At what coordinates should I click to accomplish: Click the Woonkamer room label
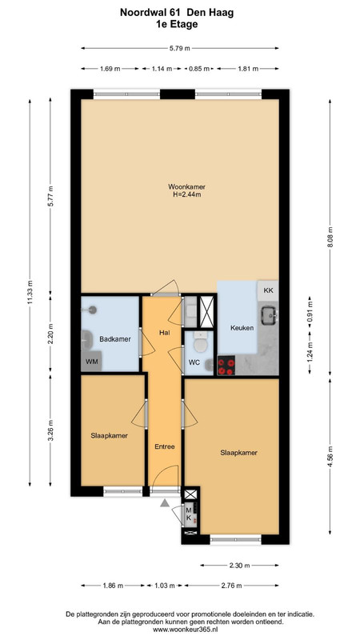tap(186, 187)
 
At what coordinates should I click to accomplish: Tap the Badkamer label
tap(115, 338)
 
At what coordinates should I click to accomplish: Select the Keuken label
tap(242, 328)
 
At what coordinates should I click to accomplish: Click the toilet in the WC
tap(200, 343)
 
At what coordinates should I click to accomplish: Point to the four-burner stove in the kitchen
tap(226, 366)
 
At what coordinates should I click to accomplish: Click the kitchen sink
tap(270, 315)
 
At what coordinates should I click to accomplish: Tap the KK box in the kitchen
tap(268, 290)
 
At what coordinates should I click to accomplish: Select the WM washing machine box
tap(91, 361)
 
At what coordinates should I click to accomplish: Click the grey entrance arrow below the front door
tap(165, 503)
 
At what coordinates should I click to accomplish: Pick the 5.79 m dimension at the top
tap(180, 48)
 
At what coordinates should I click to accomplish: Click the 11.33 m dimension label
tap(30, 293)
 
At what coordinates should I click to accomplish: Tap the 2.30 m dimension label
tap(239, 566)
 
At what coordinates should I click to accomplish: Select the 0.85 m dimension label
tap(198, 69)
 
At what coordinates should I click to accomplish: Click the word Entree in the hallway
tap(165, 446)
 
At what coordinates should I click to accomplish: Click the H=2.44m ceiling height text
tap(187, 194)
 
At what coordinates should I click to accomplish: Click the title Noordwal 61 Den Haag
tap(177, 13)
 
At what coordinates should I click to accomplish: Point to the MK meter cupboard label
tap(189, 514)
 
